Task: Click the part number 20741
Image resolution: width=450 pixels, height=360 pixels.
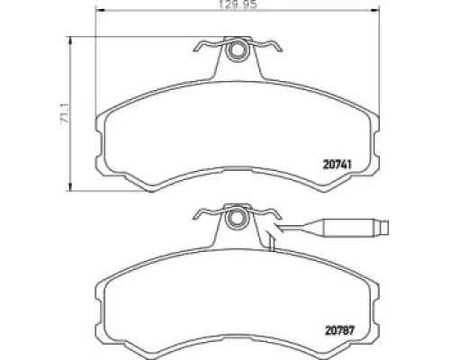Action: tap(337, 164)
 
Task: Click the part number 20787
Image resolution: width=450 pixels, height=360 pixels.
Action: tap(340, 330)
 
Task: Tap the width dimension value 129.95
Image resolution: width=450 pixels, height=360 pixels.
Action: tap(238, 5)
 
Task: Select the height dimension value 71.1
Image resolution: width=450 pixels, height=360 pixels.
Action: tap(65, 113)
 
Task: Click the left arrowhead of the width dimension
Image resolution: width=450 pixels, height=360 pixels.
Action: tap(100, 10)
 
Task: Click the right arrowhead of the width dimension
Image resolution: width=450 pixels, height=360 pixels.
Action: tap(374, 10)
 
